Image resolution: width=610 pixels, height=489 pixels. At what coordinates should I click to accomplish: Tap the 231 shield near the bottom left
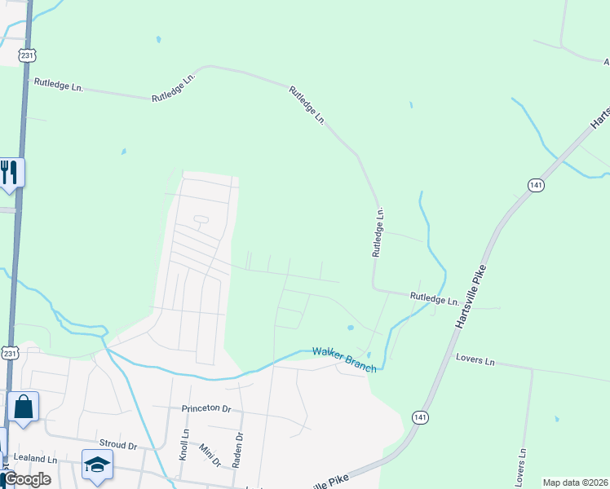click(9, 352)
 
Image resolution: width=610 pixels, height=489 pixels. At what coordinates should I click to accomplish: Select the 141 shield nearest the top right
click(535, 186)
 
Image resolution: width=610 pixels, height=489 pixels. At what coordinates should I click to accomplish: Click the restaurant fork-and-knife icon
click(10, 172)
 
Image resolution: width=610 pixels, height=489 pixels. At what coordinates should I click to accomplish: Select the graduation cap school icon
click(97, 465)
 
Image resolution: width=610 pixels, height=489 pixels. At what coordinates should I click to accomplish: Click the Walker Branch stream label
click(345, 359)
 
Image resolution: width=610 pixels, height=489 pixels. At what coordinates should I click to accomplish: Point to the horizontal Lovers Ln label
click(475, 359)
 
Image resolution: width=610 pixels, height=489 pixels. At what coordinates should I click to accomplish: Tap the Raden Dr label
click(238, 450)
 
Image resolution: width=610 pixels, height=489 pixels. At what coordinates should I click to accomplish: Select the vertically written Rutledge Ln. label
click(378, 232)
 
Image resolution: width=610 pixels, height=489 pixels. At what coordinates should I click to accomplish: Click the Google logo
click(27, 479)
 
